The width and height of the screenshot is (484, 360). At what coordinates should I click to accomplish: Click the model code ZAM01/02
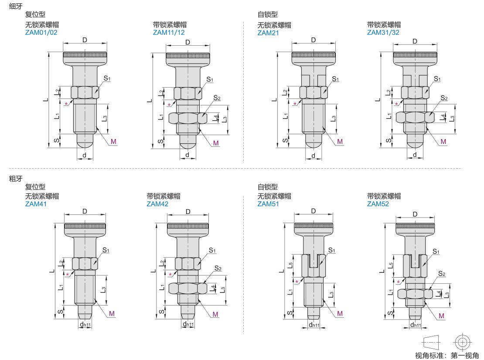pos(41,33)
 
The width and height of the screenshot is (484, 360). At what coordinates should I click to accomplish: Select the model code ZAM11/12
pos(169,33)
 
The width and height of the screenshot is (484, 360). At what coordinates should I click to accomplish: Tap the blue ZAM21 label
pos(268,33)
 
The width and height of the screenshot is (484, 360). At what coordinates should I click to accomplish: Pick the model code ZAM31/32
pos(383,33)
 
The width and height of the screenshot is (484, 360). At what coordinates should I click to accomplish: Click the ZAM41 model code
pos(36,204)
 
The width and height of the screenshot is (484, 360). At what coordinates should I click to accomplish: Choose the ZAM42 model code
pos(157,204)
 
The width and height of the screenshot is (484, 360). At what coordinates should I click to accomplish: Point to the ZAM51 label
pos(268,204)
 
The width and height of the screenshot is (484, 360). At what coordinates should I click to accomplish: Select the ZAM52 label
pos(378,204)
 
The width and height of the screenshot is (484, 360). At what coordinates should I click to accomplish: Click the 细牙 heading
pos(16,6)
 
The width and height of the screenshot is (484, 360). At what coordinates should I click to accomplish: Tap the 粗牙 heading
pos(16,179)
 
